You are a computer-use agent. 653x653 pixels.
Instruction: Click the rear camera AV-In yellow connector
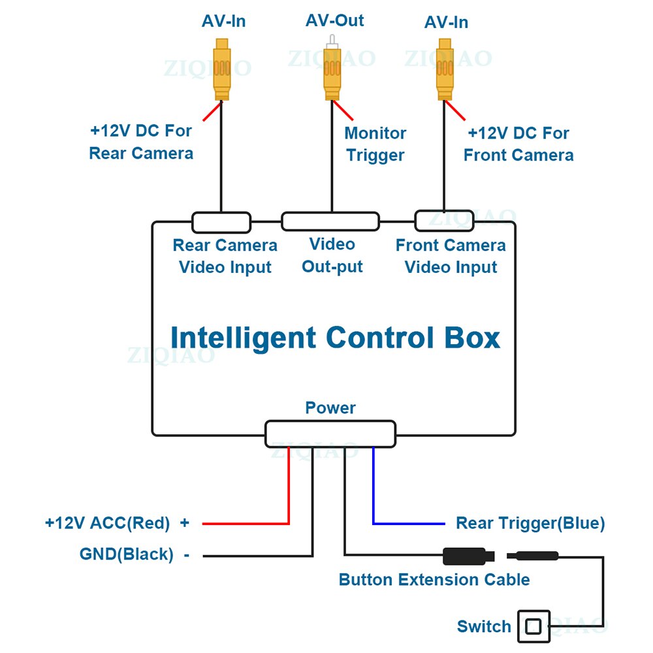pos(222,69)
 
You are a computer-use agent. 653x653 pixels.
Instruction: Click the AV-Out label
pos(334,20)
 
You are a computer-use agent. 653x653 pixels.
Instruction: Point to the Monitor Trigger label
pos(375,144)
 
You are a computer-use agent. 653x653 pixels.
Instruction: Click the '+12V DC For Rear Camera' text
pos(141,142)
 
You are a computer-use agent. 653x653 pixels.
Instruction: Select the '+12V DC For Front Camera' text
pos(518,144)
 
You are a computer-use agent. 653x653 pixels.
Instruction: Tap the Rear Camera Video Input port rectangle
pos(221,222)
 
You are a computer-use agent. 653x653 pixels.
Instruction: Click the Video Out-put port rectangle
pos(330,221)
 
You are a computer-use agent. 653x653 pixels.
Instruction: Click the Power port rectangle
pos(330,434)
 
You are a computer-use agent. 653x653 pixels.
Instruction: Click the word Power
pos(330,408)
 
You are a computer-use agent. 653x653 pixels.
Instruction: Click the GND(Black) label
pos(127,554)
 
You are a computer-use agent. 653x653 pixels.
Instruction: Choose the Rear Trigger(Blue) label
pos(530,523)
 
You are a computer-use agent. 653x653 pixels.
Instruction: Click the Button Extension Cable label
pos(434,579)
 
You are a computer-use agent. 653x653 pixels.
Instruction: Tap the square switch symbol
pos(534,627)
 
